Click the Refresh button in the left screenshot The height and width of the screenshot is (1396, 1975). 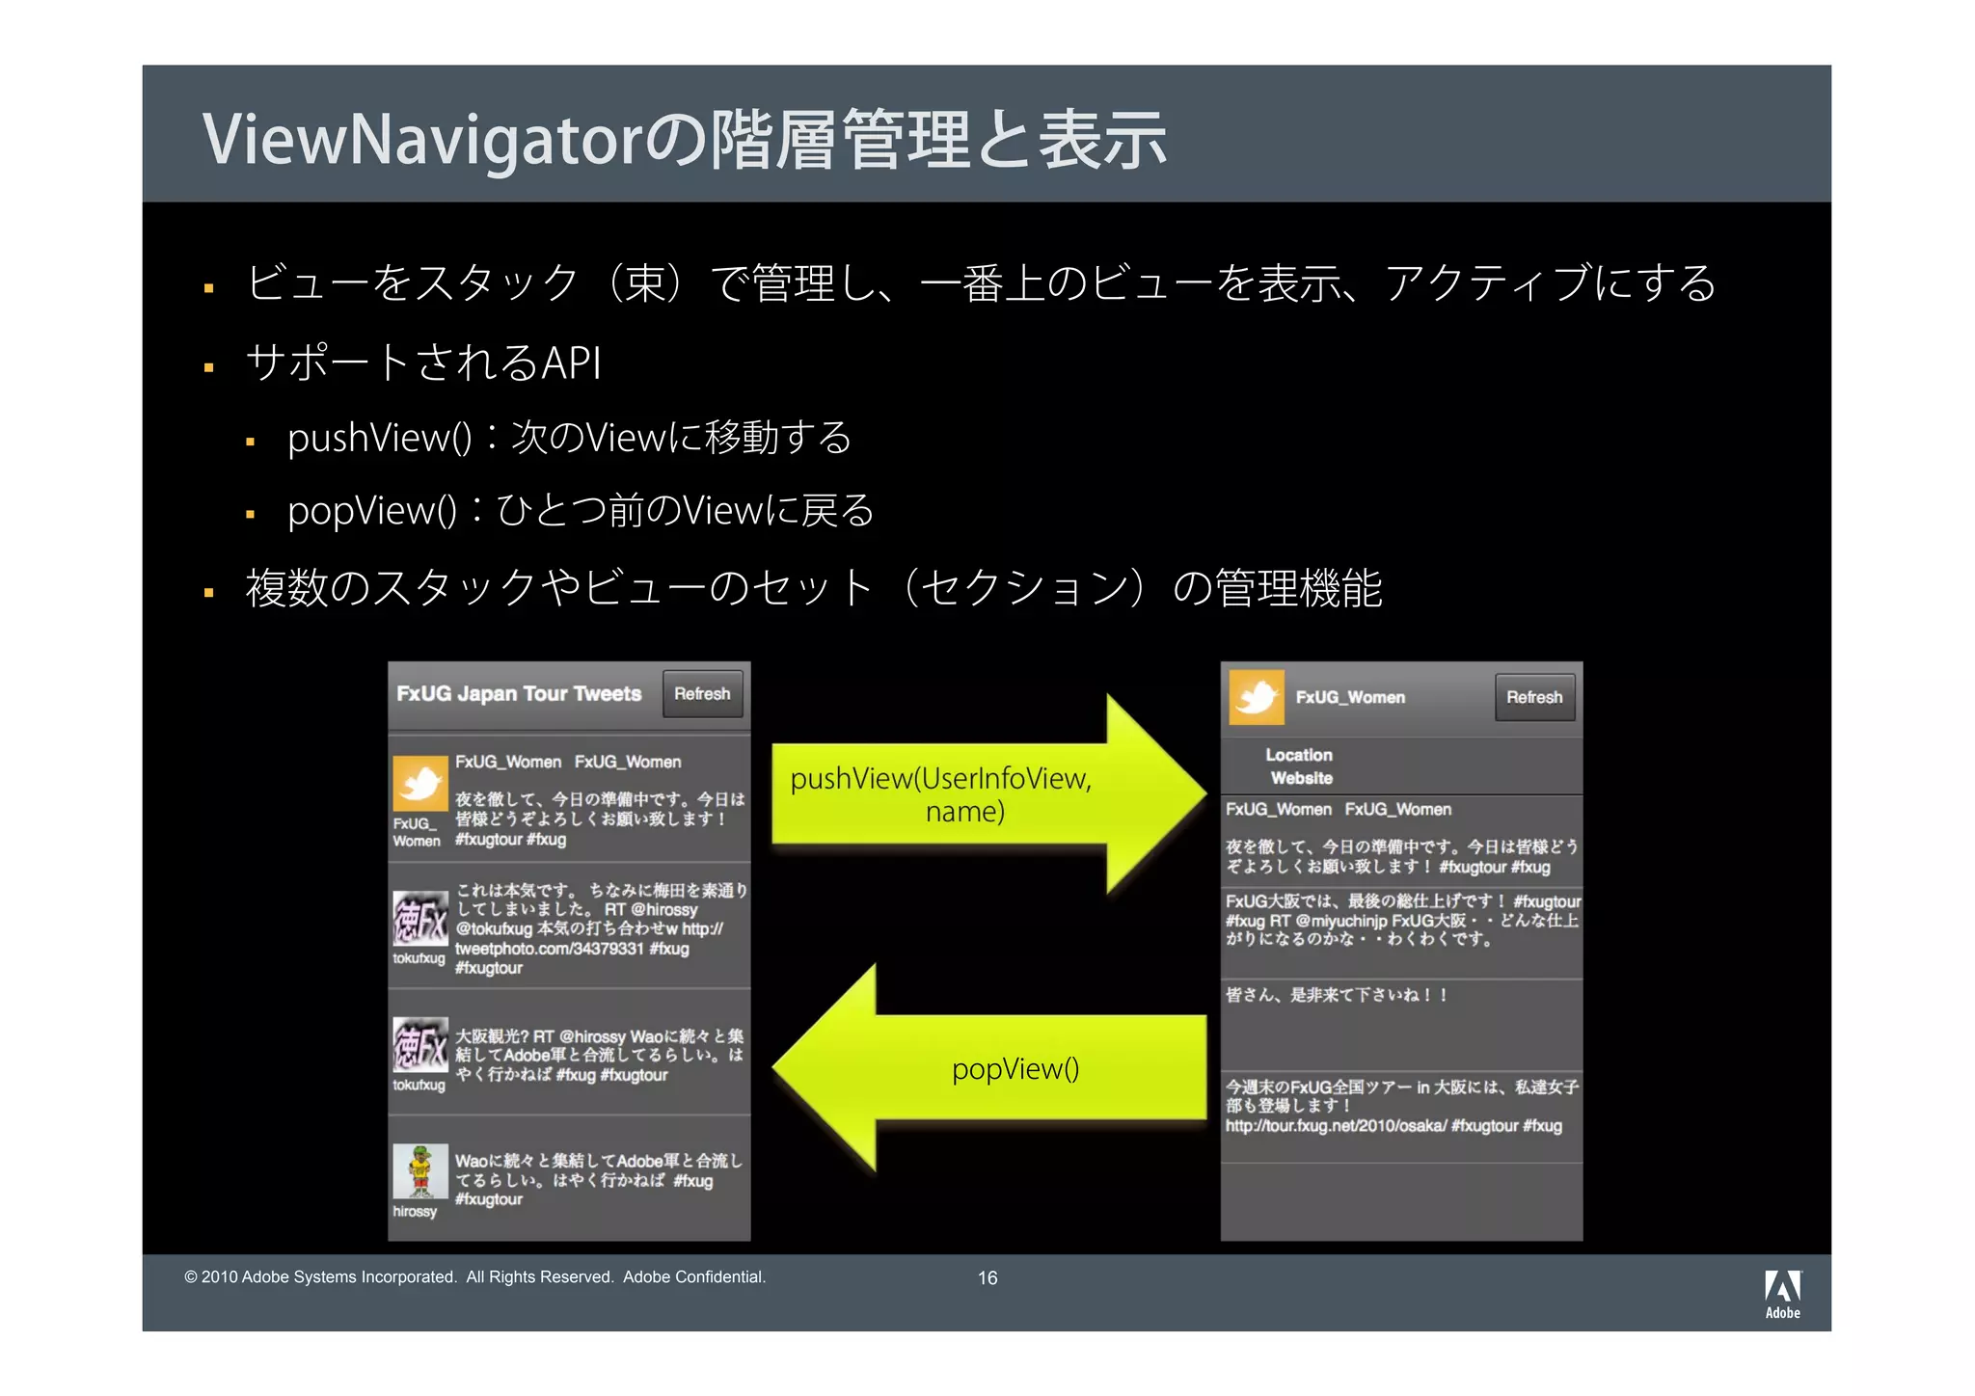702,694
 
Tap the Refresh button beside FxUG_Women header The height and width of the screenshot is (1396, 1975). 1534,697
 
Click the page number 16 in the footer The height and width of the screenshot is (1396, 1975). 987,1277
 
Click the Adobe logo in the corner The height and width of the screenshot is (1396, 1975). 1782,1293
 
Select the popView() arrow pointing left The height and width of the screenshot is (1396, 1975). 993,1068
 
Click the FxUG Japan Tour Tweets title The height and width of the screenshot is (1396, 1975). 519,694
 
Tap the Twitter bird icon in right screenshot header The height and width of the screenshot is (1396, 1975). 1257,697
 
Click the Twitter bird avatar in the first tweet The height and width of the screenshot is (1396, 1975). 420,783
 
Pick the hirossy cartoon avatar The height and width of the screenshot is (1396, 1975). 420,1170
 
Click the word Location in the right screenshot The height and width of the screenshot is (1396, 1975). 1299,755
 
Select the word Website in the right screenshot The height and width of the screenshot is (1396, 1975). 1301,778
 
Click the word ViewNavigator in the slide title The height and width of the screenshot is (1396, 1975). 421,140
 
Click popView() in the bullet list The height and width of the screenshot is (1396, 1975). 372,511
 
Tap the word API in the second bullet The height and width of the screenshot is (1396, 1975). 572,363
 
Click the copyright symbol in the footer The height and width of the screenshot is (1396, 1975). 191,1277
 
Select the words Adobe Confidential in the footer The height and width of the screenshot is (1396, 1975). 694,1277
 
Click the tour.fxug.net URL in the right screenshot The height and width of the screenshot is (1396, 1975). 1336,1126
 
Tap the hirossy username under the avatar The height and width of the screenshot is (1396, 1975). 415,1212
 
